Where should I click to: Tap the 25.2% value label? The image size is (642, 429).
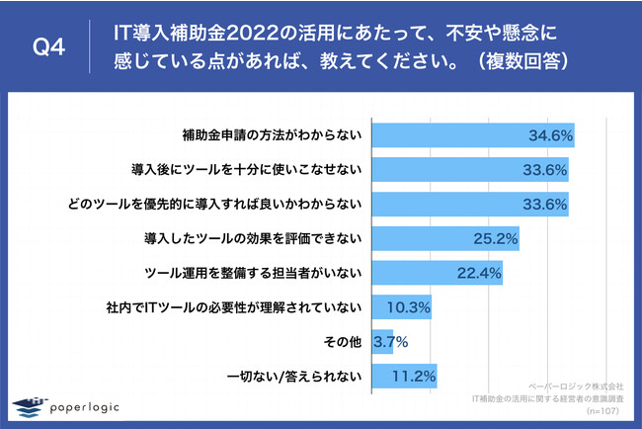tap(496, 238)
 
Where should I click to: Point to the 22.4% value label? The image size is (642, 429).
tap(481, 273)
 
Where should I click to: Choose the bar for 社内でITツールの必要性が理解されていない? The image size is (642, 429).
tap(400, 307)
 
